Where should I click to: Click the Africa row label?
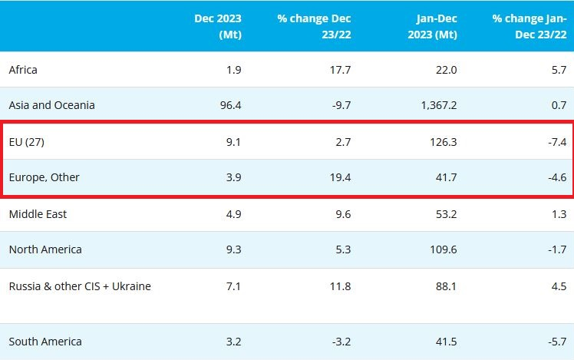click(23, 70)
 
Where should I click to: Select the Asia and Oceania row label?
click(51, 105)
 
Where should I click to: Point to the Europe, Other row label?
click(44, 177)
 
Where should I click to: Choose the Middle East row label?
click(38, 214)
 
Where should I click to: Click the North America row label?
click(45, 249)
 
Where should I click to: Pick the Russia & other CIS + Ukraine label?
click(80, 286)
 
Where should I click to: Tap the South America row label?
click(45, 341)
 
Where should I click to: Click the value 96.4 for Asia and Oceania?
click(230, 105)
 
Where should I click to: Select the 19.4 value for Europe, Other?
click(339, 177)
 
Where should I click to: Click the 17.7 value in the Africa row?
click(339, 70)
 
